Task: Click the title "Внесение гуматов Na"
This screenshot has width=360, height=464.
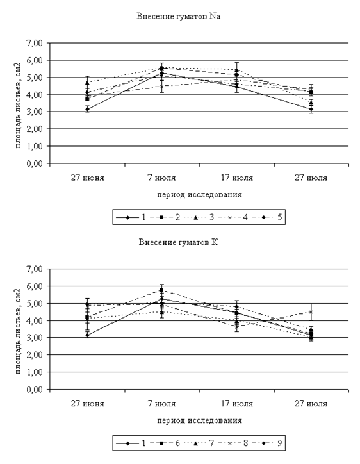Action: click(x=178, y=16)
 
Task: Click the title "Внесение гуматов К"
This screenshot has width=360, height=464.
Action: click(x=178, y=242)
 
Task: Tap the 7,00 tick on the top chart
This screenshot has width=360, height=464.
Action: click(x=35, y=43)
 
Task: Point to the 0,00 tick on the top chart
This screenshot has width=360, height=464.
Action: click(x=35, y=163)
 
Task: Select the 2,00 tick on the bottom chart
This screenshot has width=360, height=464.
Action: click(x=35, y=355)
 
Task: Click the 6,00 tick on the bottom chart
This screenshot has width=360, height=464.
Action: click(x=35, y=286)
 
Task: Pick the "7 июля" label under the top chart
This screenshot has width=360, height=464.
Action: click(x=161, y=178)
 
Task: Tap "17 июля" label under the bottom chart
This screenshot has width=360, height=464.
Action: click(x=237, y=404)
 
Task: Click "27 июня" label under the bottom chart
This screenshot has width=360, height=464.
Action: click(x=88, y=404)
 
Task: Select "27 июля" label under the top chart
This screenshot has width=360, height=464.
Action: click(x=311, y=178)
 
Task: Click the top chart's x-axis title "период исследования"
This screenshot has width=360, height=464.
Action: click(x=199, y=195)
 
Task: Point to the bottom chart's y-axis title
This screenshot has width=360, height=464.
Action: click(x=19, y=331)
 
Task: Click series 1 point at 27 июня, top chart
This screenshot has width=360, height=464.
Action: click(x=88, y=109)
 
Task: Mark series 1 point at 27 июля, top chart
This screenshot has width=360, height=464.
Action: click(x=311, y=109)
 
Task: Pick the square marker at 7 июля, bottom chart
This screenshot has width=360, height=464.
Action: click(x=161, y=290)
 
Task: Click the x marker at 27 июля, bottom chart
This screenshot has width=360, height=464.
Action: click(x=311, y=312)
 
